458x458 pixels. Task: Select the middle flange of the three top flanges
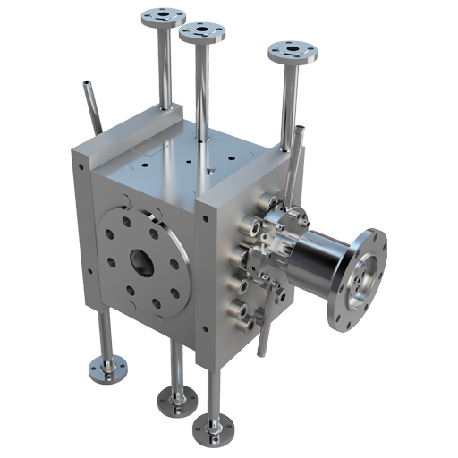click(200, 34)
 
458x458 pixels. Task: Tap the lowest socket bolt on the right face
click(240, 313)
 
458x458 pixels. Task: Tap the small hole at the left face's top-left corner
click(83, 164)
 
